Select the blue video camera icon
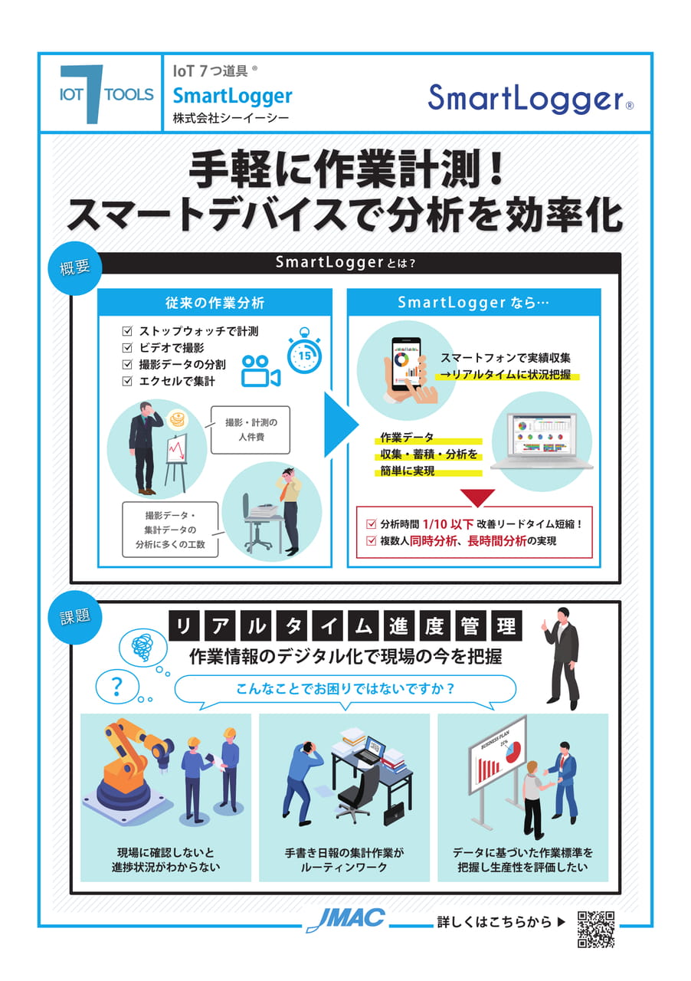(260, 370)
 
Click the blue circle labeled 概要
(75, 268)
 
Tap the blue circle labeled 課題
(75, 617)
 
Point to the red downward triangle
(477, 498)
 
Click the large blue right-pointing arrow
(342, 424)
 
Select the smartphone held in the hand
(406, 364)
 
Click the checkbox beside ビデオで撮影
(127, 347)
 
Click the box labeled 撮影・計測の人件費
(251, 430)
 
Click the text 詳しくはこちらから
(494, 922)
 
